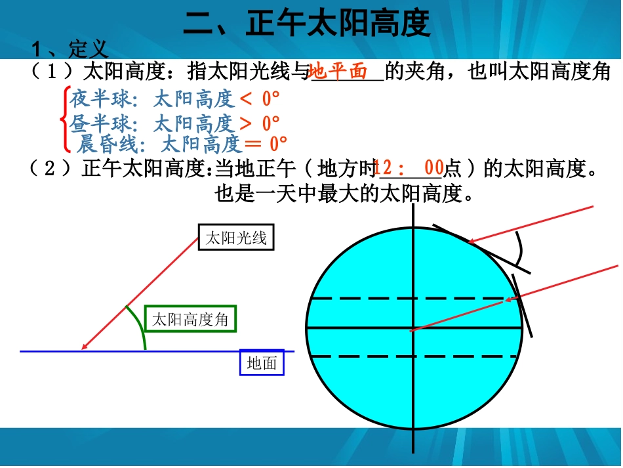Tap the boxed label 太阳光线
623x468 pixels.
click(235, 238)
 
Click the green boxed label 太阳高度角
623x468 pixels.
click(190, 320)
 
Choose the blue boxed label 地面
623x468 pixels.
click(262, 362)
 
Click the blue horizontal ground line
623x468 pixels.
click(197, 352)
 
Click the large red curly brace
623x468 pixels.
click(64, 119)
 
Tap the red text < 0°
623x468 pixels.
click(260, 99)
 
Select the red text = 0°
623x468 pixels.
click(266, 144)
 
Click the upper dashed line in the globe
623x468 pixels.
click(367, 299)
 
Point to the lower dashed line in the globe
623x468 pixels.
click(367, 356)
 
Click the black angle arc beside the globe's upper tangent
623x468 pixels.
click(522, 251)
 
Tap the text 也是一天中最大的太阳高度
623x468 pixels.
click(343, 193)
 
